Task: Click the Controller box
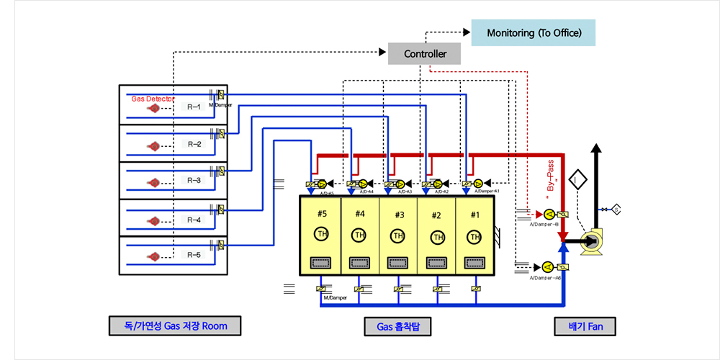(424, 54)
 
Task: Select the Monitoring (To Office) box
(533, 33)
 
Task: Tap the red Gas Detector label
(153, 98)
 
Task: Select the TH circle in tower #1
(474, 236)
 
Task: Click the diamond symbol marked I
(577, 179)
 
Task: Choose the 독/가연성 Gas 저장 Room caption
(175, 326)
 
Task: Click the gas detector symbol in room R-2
(153, 145)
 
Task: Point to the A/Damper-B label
(544, 224)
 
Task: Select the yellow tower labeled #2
(436, 235)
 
